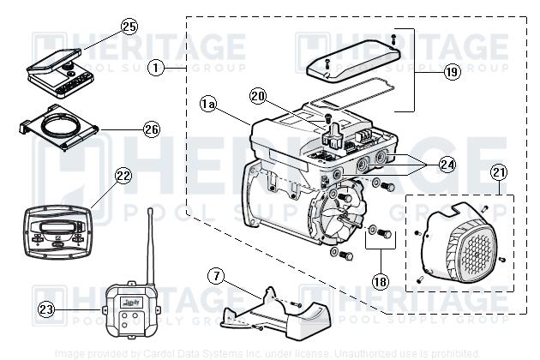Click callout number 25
129,27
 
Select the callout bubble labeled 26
152,130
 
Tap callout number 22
123,176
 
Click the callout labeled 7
217,276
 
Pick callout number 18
380,280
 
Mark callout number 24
446,163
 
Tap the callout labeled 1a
207,104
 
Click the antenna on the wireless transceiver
151,244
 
